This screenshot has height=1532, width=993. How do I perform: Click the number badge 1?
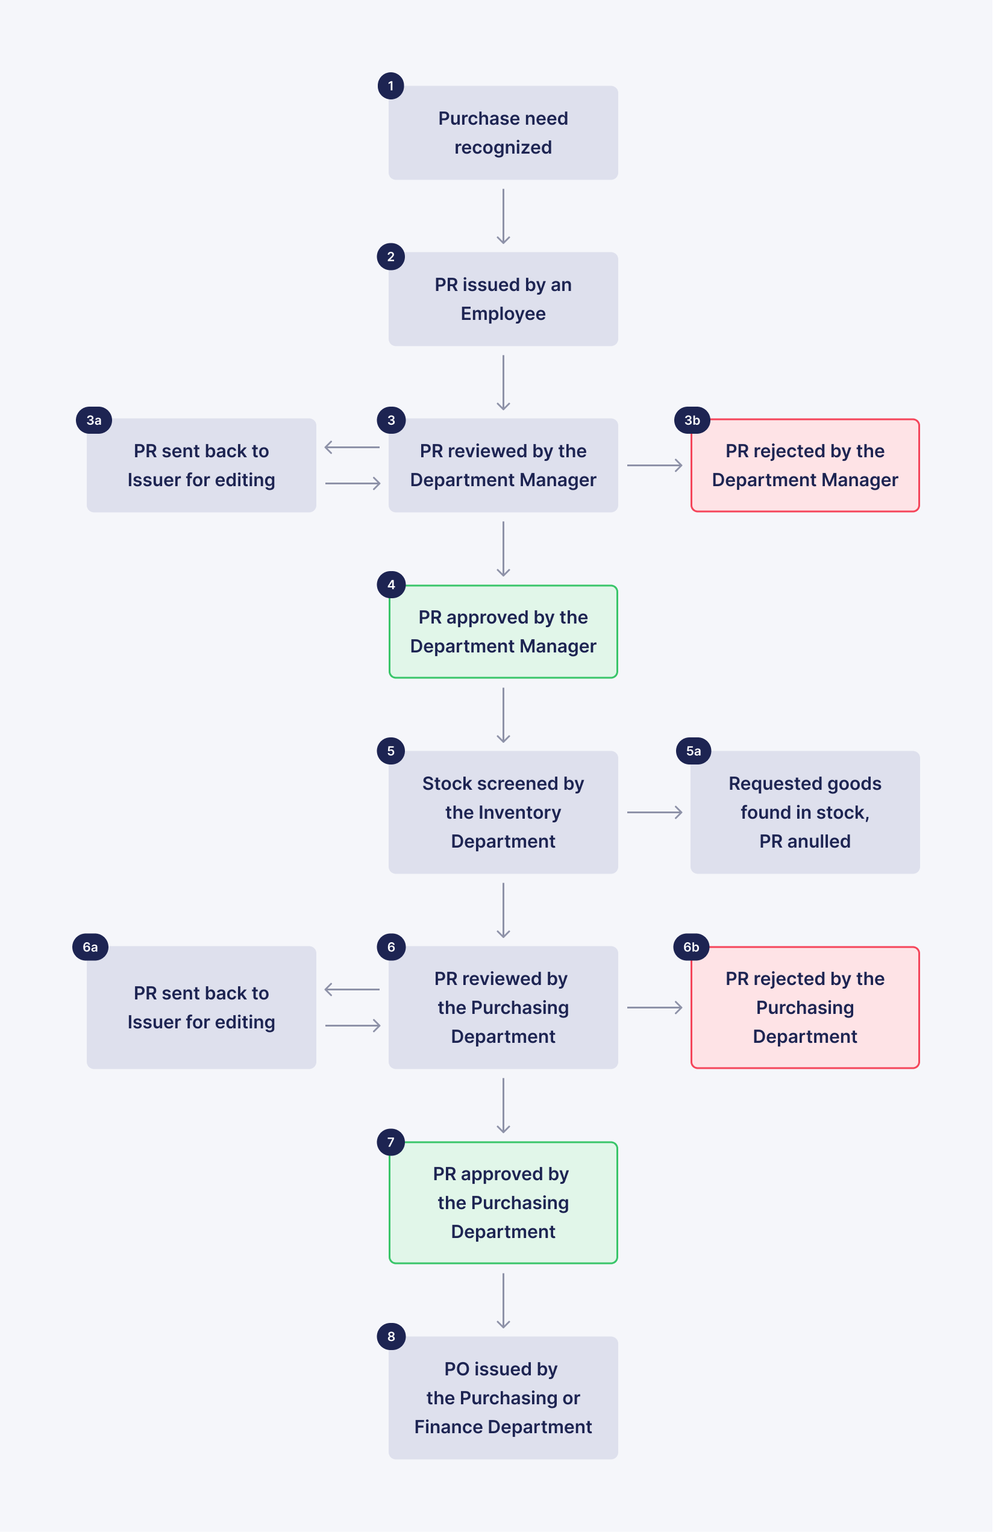(390, 86)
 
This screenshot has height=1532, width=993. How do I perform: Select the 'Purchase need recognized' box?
(503, 133)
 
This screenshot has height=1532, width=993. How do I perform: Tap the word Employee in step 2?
(503, 314)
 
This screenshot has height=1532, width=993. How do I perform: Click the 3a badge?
(94, 421)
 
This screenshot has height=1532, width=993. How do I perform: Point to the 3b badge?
(692, 421)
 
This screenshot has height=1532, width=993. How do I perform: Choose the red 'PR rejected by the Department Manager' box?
(804, 466)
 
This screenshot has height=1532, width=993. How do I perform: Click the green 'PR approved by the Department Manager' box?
(503, 631)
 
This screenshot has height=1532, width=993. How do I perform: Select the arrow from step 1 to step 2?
(503, 216)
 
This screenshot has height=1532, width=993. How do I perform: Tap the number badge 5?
(391, 751)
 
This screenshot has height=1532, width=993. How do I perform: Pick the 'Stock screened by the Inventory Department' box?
(503, 812)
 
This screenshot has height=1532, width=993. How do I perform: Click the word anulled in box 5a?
(819, 842)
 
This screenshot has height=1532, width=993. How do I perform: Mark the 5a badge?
(694, 751)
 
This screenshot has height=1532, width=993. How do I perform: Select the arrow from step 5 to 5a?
(654, 812)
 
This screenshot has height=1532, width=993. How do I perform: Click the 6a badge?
(90, 948)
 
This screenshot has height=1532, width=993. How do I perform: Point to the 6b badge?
(691, 948)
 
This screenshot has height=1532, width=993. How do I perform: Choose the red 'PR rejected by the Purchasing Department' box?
(804, 1007)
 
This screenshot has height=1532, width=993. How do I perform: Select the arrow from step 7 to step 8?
(503, 1300)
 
